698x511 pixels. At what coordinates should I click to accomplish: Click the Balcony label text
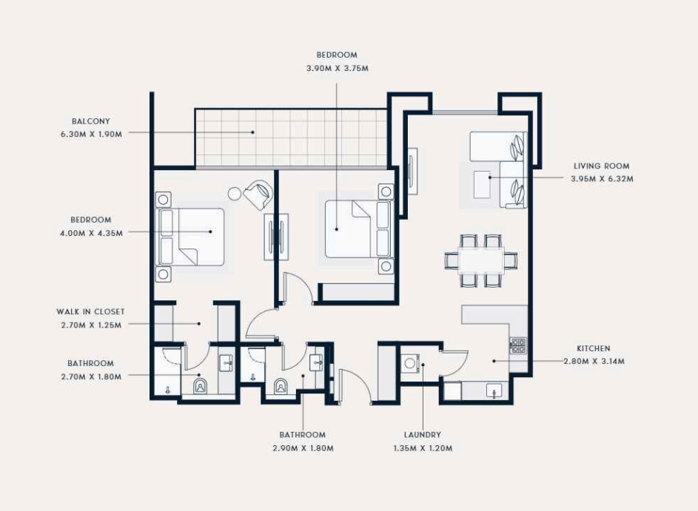(x=91, y=121)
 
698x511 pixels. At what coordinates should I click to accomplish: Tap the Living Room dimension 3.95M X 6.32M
(x=602, y=179)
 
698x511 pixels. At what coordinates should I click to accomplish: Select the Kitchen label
(x=594, y=348)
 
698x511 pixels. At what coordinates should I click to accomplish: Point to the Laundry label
(x=423, y=435)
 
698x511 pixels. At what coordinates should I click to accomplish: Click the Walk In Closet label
(x=90, y=312)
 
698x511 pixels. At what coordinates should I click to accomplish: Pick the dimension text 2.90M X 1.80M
(x=303, y=448)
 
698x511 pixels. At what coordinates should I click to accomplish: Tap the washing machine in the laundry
(x=410, y=363)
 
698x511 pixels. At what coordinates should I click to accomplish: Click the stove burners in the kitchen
(x=518, y=345)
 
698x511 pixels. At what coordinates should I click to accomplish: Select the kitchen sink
(x=494, y=390)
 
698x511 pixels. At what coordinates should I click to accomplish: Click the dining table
(x=481, y=260)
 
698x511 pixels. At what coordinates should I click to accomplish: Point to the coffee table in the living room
(x=482, y=184)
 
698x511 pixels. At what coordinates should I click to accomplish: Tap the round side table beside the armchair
(x=234, y=194)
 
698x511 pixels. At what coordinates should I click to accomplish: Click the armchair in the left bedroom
(x=258, y=194)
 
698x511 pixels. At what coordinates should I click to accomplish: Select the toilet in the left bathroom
(x=201, y=386)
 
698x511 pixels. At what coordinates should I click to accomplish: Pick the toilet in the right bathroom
(x=281, y=386)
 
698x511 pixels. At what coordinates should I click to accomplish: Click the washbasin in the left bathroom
(x=226, y=363)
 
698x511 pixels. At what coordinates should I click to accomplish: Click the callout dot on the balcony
(x=253, y=132)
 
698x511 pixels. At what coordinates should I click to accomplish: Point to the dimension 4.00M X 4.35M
(x=91, y=233)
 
